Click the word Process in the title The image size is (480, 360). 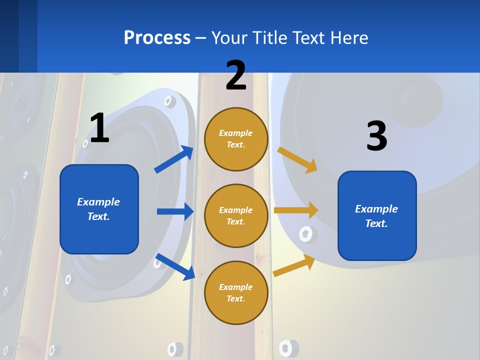coord(157,37)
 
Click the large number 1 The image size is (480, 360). coord(99,128)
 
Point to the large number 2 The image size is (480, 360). coord(236,75)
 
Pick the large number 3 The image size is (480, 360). coord(376,136)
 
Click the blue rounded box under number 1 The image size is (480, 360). coord(99,209)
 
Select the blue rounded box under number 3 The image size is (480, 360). coord(377,216)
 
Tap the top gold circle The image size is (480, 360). coord(236,139)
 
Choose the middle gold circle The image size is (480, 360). coord(236,216)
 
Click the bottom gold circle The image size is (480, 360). coord(236,293)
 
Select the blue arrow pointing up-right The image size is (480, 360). coord(174,159)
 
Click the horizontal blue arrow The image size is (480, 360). coord(175,211)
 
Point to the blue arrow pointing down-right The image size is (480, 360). coord(175,266)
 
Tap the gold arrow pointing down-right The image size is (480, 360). coord(297,159)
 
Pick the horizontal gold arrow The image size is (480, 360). coord(296,210)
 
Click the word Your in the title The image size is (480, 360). coord(228,37)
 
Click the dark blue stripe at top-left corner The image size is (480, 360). coord(18,36)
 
